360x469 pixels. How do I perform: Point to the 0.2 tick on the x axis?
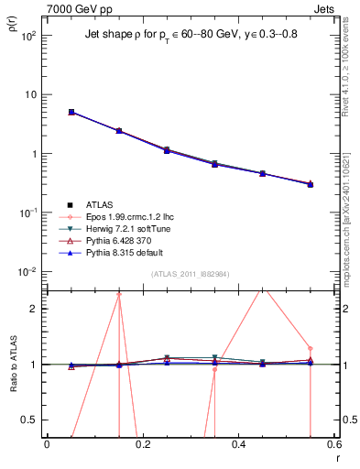(142, 445)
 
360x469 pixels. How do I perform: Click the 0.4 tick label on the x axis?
(238, 445)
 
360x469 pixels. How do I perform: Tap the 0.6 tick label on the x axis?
(333, 445)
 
